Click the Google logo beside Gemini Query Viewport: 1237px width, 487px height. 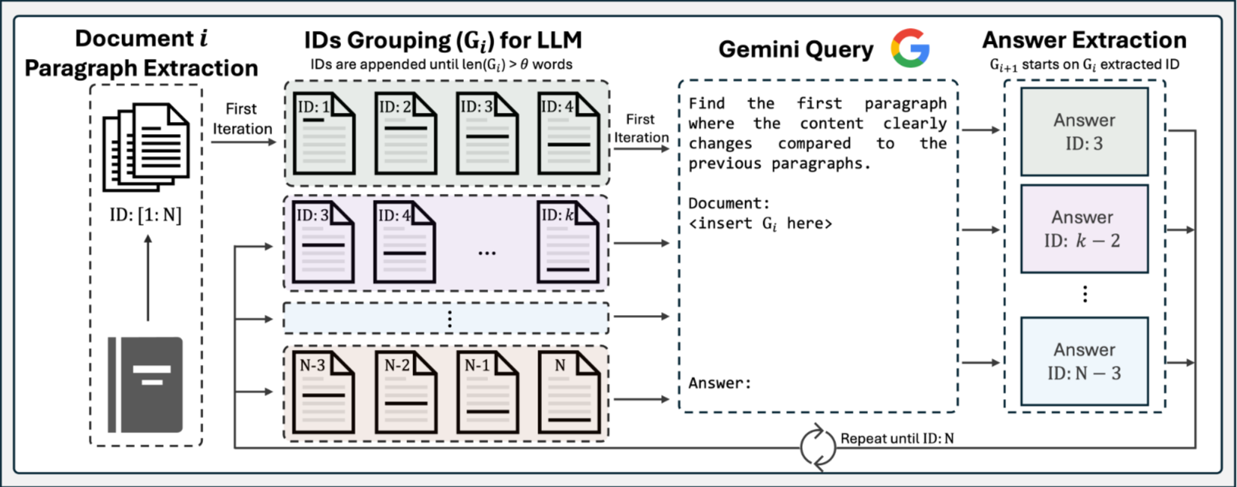pos(910,48)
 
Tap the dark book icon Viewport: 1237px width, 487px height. pos(146,384)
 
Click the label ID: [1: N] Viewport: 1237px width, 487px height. pos(146,215)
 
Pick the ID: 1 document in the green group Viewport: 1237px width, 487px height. pos(324,133)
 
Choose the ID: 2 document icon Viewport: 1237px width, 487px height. pos(406,133)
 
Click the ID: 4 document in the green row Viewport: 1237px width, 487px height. pos(568,133)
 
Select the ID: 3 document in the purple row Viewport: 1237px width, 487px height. pos(324,243)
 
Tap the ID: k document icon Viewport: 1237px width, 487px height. pos(568,243)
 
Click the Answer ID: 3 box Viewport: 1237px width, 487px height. pos(1084,132)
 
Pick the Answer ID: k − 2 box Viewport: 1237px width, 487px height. pos(1084,229)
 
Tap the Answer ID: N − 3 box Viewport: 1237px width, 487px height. pos(1084,361)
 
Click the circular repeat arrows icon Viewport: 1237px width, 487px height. pos(818,446)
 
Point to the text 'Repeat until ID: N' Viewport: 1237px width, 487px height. pos(897,438)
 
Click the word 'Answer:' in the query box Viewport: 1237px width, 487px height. pos(719,383)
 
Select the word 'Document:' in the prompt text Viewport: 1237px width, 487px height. pos(729,203)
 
